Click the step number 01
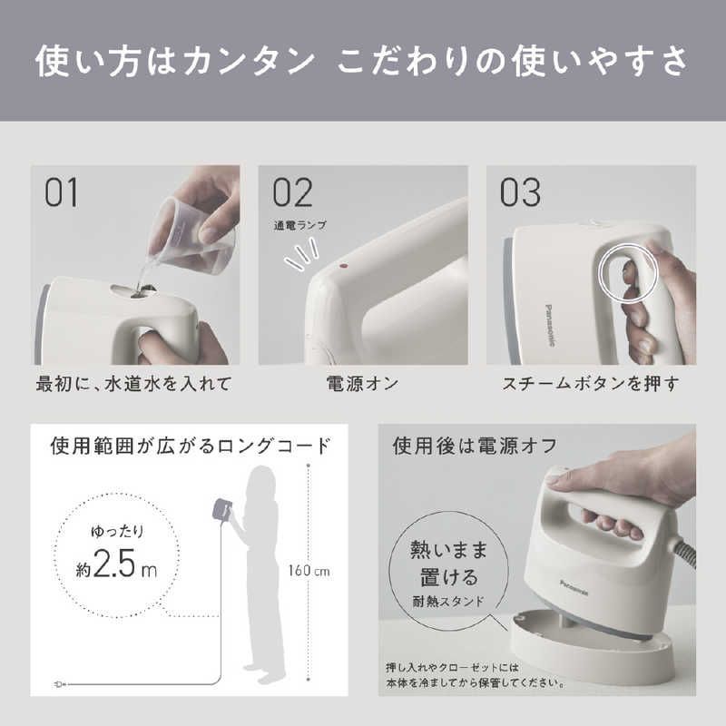[x=62, y=192]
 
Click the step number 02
[x=291, y=192]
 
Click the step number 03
[x=520, y=192]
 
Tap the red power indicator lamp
[x=343, y=267]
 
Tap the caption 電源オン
[x=362, y=384]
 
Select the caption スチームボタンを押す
[x=591, y=384]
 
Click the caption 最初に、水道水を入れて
[x=134, y=384]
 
